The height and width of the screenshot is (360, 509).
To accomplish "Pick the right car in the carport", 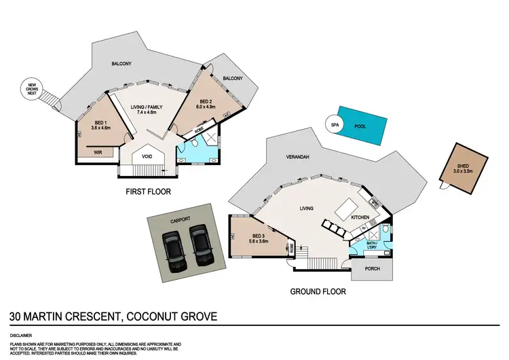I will (x=199, y=245).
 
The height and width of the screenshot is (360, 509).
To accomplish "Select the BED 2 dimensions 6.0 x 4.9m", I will (x=206, y=107).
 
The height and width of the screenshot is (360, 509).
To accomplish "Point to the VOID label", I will (x=147, y=156).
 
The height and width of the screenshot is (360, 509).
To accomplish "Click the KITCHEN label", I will (x=360, y=217).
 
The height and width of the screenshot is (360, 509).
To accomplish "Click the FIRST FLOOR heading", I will (x=148, y=192).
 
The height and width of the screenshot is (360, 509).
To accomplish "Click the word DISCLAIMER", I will (x=22, y=336).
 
